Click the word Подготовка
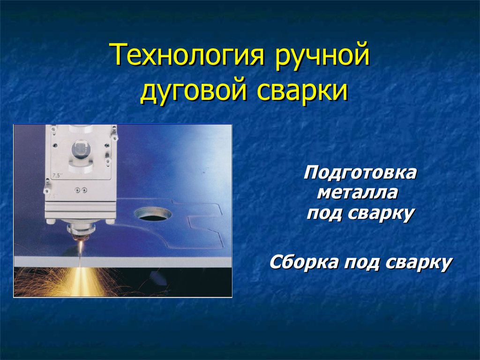pyautogui.click(x=360, y=173)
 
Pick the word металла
pyautogui.click(x=358, y=193)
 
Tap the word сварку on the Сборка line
pyautogui.click(x=419, y=263)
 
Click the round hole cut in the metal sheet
pyautogui.click(x=152, y=214)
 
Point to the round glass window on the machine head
pyautogui.click(x=81, y=150)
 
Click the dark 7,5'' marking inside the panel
pyautogui.click(x=57, y=175)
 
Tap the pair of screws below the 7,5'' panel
pyautogui.click(x=81, y=190)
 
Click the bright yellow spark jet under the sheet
pyautogui.click(x=81, y=282)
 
